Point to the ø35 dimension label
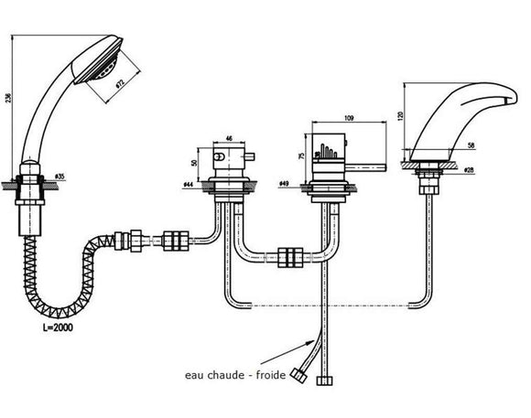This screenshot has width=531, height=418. [x=60, y=175]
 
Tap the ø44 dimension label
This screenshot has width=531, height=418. [x=188, y=185]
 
